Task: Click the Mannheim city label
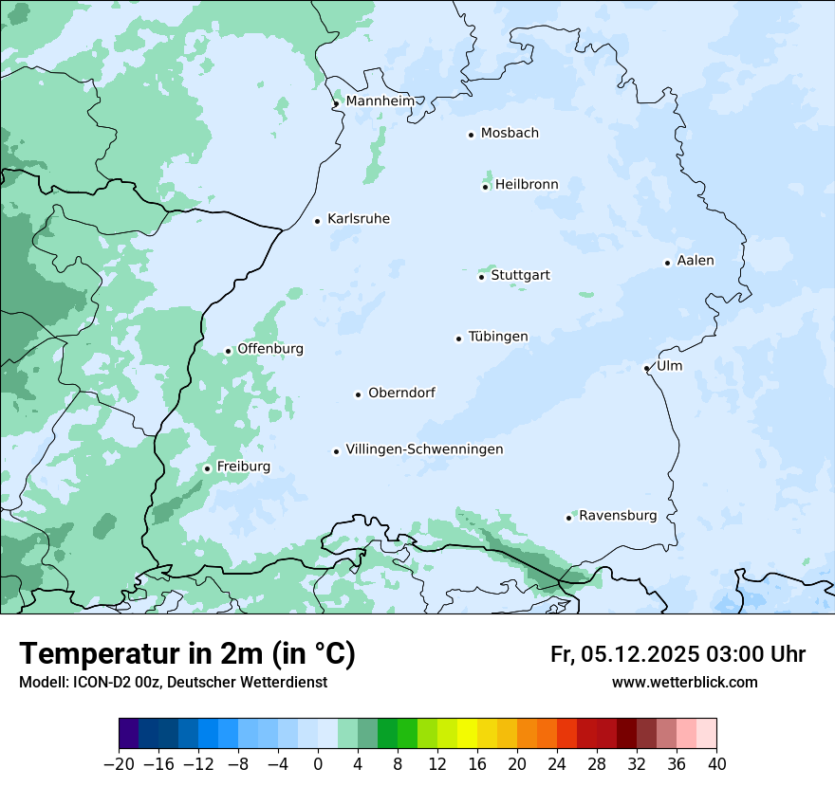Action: click(380, 101)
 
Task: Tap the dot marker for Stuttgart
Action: click(481, 277)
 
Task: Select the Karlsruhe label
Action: click(358, 219)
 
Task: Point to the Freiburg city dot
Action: click(207, 468)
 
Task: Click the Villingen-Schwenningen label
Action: click(424, 449)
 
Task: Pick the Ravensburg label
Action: click(618, 516)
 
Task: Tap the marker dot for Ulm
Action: click(646, 368)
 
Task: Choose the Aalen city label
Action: click(696, 261)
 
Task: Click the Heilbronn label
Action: click(527, 185)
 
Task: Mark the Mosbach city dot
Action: click(471, 135)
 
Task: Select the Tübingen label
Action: click(498, 337)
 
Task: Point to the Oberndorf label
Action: click(401, 393)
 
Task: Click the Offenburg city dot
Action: click(228, 351)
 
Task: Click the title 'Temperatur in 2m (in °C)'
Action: click(187, 654)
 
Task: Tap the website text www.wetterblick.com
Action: click(685, 683)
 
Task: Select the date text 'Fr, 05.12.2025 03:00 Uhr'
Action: click(677, 654)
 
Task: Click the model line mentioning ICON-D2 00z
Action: click(173, 683)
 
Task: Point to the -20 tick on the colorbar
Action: click(120, 764)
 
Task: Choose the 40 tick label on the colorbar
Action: click(716, 764)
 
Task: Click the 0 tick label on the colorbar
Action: click(318, 764)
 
